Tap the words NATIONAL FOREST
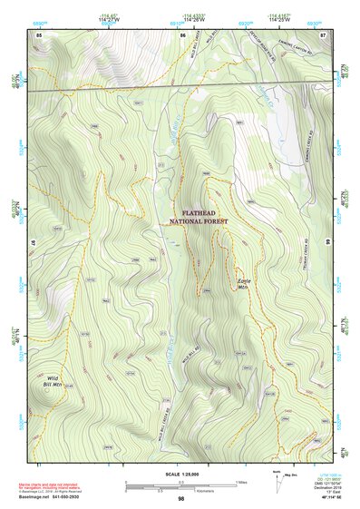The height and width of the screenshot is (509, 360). [199, 221]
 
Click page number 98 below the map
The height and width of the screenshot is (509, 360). [180, 498]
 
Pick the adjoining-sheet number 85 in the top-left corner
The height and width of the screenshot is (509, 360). [39, 34]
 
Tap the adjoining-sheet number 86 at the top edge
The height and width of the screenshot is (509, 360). [183, 34]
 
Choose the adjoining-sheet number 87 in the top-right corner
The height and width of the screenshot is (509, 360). [324, 34]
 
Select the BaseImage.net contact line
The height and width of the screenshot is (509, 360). [63, 497]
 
